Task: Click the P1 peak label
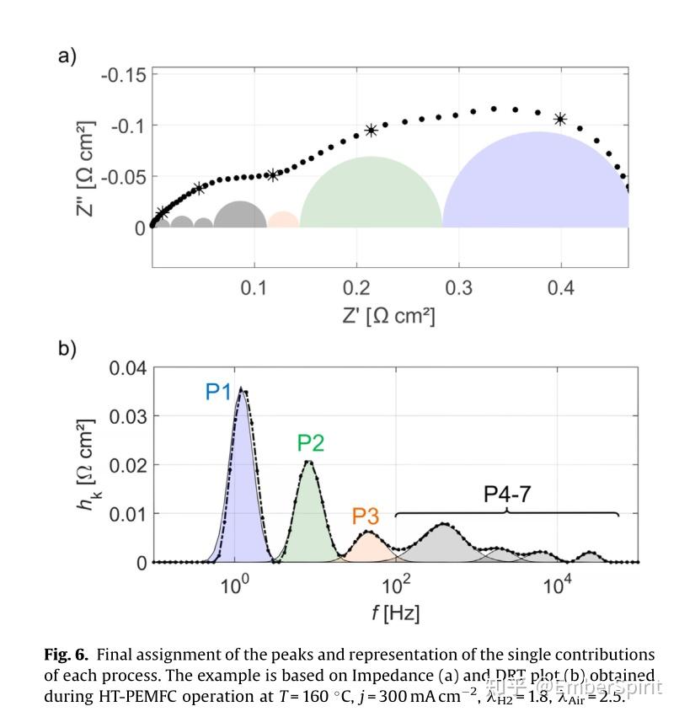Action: pos(218,393)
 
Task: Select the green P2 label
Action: pos(310,443)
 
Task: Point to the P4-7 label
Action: pos(507,495)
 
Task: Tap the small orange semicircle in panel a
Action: pos(283,221)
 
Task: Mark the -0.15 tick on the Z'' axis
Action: pos(123,75)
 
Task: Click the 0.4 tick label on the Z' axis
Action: pos(561,289)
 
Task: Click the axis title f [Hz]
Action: pos(395,613)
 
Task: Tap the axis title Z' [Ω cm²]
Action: pos(388,316)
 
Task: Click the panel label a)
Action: pos(67,56)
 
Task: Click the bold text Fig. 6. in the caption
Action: pos(67,655)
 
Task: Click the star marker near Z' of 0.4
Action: pos(560,119)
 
